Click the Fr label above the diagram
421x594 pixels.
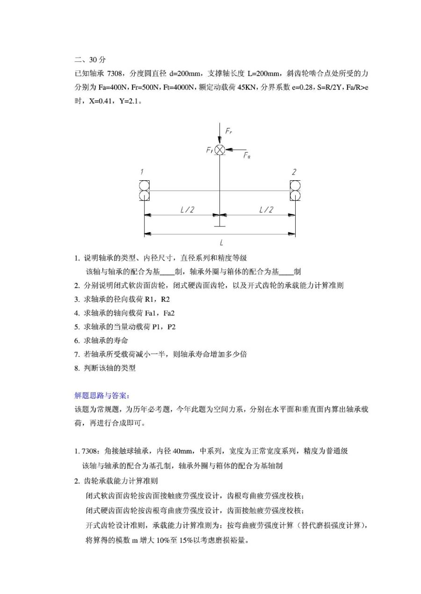[228, 132]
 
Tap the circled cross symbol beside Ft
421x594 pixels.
[220, 150]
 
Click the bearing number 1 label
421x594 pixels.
[142, 172]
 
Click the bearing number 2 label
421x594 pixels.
[294, 172]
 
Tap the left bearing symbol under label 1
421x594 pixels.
[144, 190]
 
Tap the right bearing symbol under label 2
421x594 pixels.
[296, 190]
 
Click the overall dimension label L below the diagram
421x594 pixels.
[221, 242]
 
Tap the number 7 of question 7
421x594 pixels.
[76, 354]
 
